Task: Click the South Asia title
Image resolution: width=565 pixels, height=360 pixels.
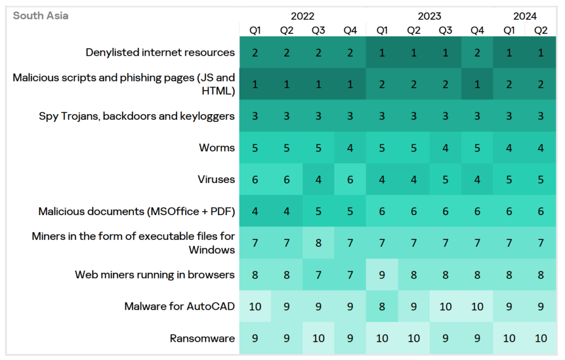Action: pos(41,15)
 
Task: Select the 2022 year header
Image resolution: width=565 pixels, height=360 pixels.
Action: pos(302,16)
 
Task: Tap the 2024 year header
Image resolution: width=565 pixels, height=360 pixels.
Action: pos(524,16)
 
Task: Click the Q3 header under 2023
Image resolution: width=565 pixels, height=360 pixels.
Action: pos(445,30)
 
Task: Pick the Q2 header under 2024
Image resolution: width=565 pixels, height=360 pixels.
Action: pos(540,30)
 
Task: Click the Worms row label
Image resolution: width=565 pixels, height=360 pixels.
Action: pos(217,148)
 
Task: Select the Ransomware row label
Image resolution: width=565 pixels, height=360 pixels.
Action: pos(202,338)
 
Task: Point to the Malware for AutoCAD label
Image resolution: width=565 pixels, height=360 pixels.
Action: pos(180,307)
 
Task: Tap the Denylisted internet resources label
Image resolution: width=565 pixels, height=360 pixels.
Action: pos(160,52)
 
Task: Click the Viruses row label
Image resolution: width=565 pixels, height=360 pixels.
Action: pos(216,179)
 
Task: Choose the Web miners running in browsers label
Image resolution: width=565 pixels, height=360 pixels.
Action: pos(154,275)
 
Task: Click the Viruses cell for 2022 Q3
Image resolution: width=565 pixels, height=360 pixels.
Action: pos(318,179)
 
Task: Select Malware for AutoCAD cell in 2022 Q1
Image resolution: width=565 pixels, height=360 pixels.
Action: pos(255,307)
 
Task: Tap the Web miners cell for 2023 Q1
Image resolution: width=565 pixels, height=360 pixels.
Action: pos(382,275)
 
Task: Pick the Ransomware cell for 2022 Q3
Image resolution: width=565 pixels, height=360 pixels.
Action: pos(318,338)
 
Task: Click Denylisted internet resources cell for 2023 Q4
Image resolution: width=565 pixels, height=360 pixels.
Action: pos(477,52)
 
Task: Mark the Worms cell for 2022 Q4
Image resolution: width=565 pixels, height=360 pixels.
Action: pos(350,148)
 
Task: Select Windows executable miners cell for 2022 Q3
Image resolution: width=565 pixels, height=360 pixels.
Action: pos(318,243)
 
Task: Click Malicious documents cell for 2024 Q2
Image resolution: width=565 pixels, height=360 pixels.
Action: pos(540,211)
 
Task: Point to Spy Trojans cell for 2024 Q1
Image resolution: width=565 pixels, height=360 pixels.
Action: pos(509,116)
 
